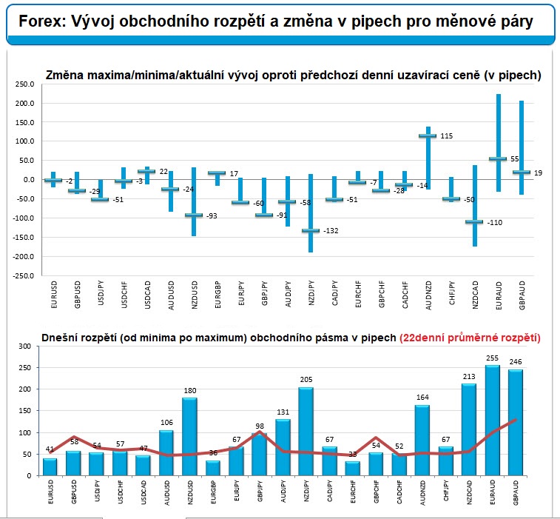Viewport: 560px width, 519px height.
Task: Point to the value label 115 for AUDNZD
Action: point(446,136)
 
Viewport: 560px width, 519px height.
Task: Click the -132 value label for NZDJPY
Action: point(331,231)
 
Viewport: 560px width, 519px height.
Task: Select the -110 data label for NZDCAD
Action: point(493,223)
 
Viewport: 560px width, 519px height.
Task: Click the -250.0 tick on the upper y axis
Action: point(23,275)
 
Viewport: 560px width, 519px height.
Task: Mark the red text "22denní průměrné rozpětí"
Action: point(470,337)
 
